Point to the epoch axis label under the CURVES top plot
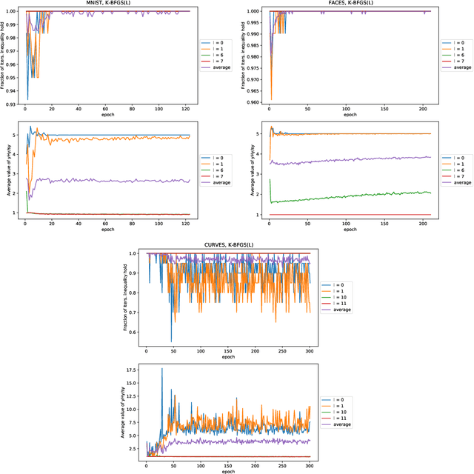pos(227,357)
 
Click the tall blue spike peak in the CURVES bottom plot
pos(161,369)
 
